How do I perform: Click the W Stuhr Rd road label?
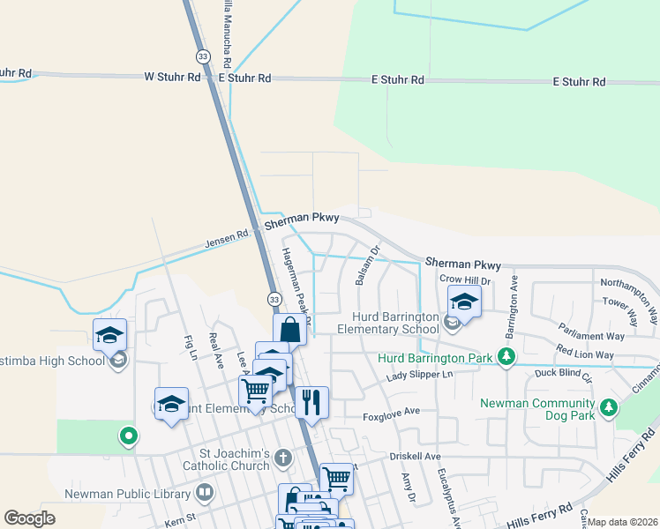172,78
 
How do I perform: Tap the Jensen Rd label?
228,237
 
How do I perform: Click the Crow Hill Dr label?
464,279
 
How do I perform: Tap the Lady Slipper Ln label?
420,375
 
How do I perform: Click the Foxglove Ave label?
392,411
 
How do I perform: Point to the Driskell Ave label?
414,457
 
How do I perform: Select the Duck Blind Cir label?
561,373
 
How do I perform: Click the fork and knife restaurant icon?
311,403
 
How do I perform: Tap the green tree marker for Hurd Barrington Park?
506,357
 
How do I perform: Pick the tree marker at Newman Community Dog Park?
608,407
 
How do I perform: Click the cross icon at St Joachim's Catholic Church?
282,457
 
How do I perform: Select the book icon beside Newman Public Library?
205,491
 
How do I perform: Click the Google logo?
29,518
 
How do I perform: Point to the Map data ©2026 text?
622,522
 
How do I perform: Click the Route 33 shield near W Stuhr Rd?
204,56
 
